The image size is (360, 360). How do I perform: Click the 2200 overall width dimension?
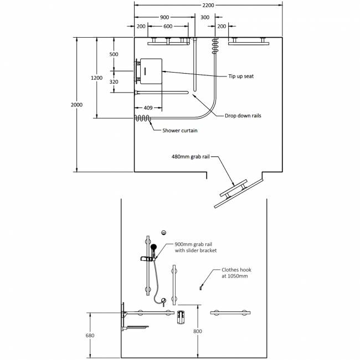click(208, 5)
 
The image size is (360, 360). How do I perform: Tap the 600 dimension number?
click(167, 27)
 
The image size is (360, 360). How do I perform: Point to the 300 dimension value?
click(205, 17)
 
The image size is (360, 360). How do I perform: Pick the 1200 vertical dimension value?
click(96, 78)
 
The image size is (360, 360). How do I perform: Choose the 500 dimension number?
click(114, 54)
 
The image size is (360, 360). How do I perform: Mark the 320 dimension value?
click(114, 82)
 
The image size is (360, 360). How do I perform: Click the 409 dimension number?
click(148, 107)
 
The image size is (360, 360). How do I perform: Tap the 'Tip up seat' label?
click(241, 76)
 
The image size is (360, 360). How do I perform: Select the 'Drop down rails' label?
click(243, 116)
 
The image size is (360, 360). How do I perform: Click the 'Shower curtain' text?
click(180, 131)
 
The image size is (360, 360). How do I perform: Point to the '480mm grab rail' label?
click(191, 157)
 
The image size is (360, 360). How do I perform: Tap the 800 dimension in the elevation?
click(198, 331)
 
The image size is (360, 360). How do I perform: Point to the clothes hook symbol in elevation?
click(200, 287)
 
